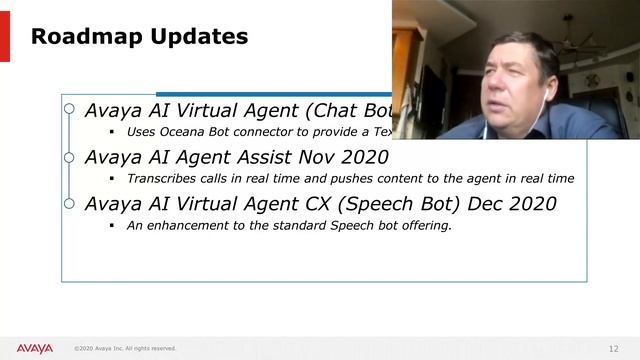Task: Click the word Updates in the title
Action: tap(198, 38)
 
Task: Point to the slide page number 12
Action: tap(613, 348)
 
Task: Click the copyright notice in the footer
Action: tap(125, 349)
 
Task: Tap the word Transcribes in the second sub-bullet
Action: tap(164, 179)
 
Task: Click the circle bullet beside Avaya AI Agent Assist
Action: tap(68, 157)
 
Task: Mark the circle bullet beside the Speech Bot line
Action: tap(68, 204)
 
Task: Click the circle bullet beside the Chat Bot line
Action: tap(68, 110)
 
